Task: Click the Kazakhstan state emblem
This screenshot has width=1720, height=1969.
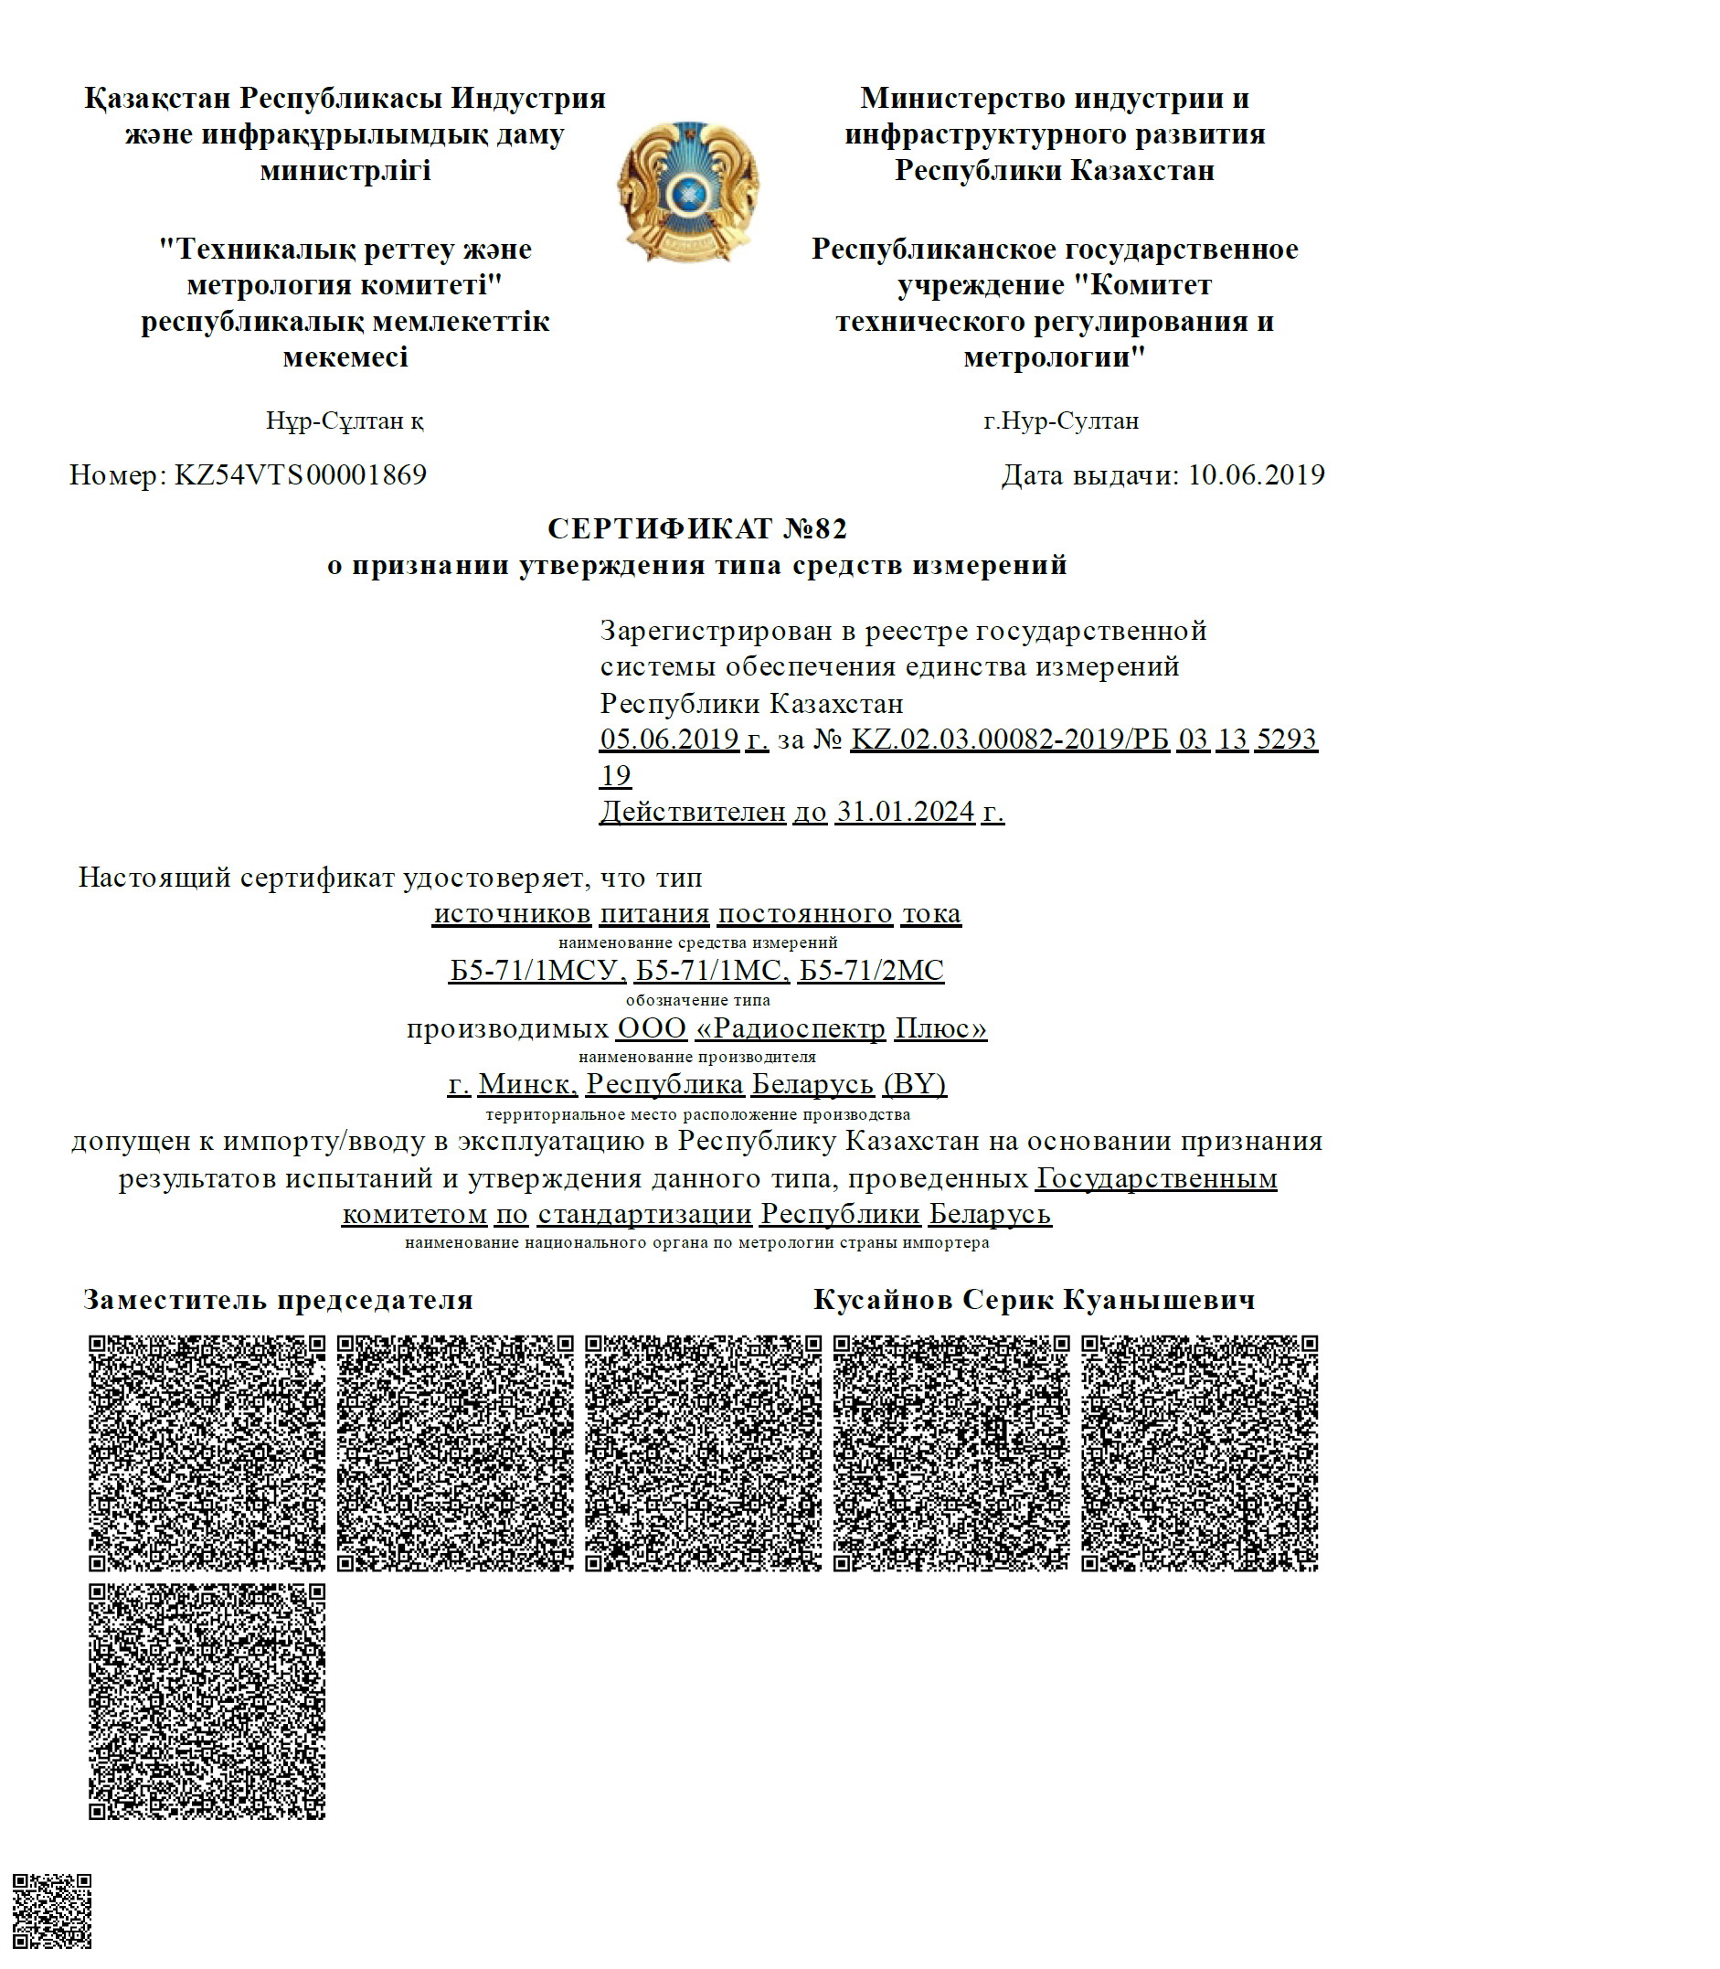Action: click(687, 192)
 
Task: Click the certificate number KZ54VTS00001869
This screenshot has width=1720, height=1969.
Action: click(301, 475)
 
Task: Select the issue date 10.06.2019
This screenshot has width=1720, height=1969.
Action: click(1257, 475)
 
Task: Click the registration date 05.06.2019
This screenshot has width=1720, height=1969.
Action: click(669, 740)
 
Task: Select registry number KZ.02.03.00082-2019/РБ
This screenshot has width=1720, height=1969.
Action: click(1010, 740)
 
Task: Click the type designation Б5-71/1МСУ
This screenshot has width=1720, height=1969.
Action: click(536, 971)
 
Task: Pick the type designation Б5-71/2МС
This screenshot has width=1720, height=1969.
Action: click(872, 971)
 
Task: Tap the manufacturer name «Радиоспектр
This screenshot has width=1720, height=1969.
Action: click(790, 1028)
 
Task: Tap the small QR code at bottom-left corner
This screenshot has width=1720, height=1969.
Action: click(52, 1910)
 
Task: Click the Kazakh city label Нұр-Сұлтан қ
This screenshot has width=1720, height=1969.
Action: click(345, 420)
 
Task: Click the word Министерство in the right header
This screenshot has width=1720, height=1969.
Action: click(962, 98)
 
